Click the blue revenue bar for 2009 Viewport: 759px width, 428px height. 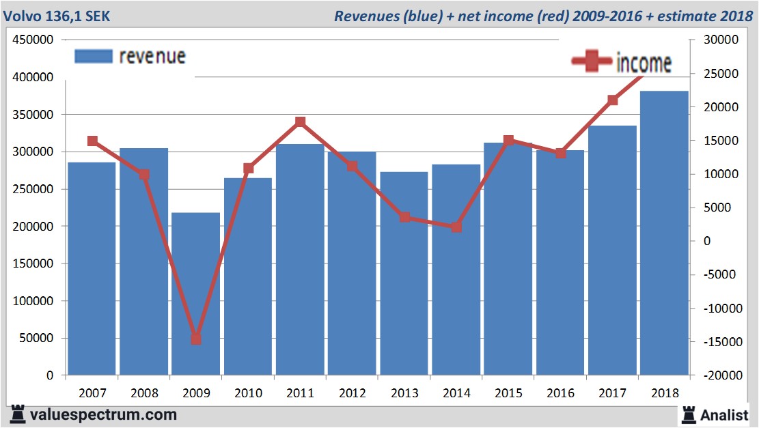coord(196,294)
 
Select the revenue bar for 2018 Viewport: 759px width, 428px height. coord(664,232)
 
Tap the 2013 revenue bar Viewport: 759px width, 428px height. coord(404,273)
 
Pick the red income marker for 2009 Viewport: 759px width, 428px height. coord(196,339)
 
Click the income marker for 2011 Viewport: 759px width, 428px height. coord(300,122)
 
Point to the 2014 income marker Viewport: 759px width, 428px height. coord(456,227)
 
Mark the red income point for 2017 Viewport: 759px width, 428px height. coord(613,100)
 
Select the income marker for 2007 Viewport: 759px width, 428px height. coord(92,141)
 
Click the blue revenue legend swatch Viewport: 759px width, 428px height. coord(93,57)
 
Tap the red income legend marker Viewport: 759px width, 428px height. coord(592,62)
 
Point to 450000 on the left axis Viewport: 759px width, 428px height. coord(33,40)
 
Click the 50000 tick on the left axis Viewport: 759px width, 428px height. coord(36,339)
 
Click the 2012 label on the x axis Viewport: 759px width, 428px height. coord(352,393)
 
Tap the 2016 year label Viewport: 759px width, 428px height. coord(560,393)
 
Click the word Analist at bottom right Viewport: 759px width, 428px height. coord(726,414)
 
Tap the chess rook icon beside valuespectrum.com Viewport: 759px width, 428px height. coord(16,414)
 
